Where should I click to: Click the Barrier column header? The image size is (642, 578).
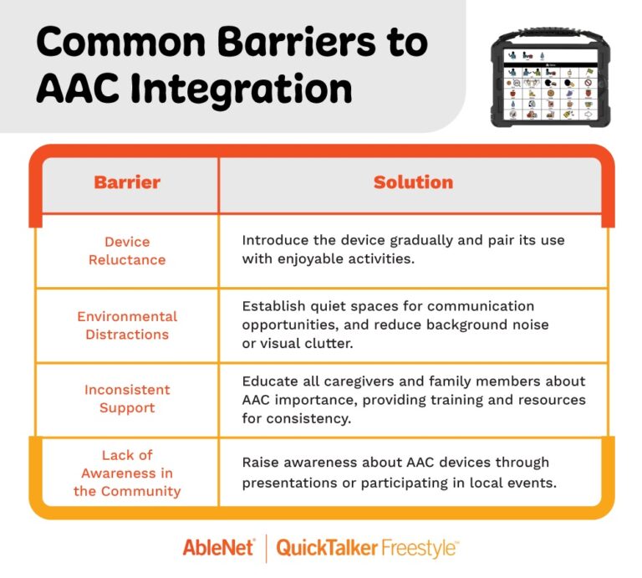click(x=127, y=182)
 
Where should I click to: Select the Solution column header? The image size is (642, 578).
click(x=413, y=182)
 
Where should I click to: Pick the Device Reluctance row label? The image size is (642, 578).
click(x=127, y=250)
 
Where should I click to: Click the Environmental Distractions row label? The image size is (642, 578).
click(x=127, y=325)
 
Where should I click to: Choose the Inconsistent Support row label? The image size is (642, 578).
click(x=127, y=399)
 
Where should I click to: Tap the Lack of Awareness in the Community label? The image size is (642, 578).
click(x=127, y=473)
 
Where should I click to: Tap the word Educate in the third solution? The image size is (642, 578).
click(x=270, y=381)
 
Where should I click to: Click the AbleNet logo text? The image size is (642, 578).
click(x=219, y=548)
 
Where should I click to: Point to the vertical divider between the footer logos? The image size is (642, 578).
click(x=266, y=548)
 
